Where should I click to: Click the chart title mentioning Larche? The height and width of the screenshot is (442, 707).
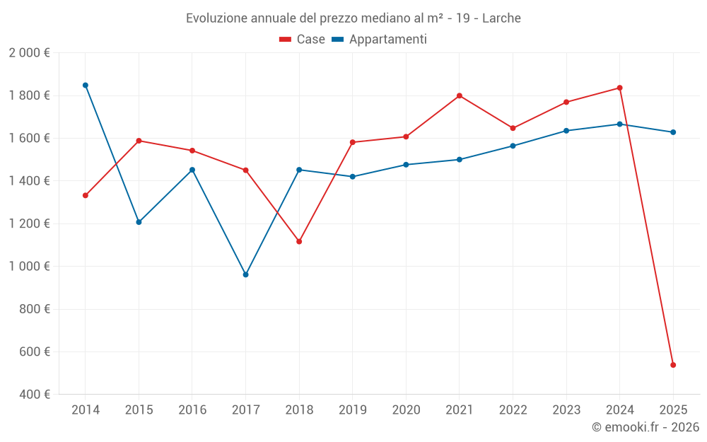(353, 18)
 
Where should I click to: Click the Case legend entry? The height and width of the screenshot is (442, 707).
(303, 40)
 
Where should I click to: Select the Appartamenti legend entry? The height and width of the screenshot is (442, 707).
(380, 40)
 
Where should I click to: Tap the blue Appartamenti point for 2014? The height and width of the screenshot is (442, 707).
(86, 85)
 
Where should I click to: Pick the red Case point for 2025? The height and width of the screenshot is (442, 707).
(673, 365)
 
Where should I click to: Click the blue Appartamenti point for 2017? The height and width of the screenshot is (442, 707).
(245, 274)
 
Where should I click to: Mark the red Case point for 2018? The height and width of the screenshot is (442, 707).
(299, 242)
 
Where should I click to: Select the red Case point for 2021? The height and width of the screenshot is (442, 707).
(460, 95)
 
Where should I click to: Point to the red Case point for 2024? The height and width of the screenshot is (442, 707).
(620, 88)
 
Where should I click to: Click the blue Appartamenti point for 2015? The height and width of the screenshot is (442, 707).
(139, 222)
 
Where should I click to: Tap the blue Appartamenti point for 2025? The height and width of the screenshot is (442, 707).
(673, 132)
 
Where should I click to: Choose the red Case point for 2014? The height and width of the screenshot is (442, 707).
(86, 195)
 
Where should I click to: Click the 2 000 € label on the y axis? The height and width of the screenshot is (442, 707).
(29, 52)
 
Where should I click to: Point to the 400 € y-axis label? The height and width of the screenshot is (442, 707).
(33, 395)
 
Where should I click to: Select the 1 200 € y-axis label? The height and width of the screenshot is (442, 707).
(29, 223)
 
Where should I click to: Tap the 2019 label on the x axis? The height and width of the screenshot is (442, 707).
(352, 410)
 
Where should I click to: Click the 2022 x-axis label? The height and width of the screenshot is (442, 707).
(513, 410)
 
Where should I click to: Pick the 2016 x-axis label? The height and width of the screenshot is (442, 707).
(192, 410)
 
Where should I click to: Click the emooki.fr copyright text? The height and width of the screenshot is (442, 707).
(645, 427)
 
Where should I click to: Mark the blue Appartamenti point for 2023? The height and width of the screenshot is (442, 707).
(566, 131)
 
